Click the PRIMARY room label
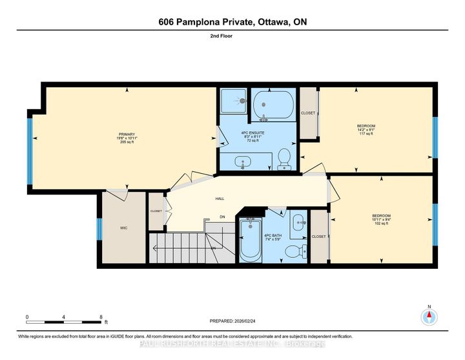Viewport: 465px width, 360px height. pyautogui.click(x=126, y=134)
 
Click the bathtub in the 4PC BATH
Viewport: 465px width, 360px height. pyautogui.click(x=251, y=239)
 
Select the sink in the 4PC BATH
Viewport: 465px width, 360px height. pyautogui.click(x=299, y=222)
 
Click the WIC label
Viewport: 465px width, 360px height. pyautogui.click(x=123, y=228)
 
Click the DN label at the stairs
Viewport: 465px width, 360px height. pyautogui.click(x=222, y=217)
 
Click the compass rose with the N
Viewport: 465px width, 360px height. pyautogui.click(x=429, y=317)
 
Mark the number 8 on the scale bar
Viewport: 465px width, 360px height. pyautogui.click(x=101, y=317)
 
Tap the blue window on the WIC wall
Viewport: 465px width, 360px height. pyautogui.click(x=99, y=229)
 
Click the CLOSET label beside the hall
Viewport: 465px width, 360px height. pyautogui.click(x=156, y=211)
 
